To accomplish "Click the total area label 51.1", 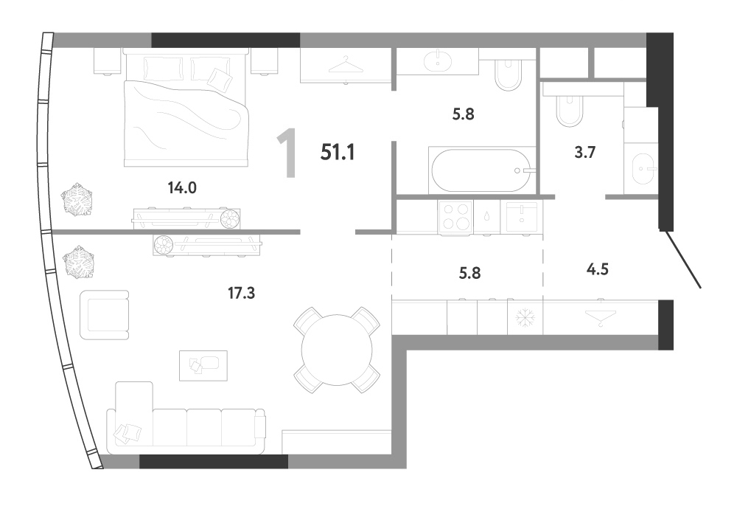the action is (338, 152).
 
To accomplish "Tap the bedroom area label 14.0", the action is (182, 188).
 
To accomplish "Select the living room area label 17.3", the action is (241, 293).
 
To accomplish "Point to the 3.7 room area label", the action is (584, 152).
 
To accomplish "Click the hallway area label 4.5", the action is (598, 269).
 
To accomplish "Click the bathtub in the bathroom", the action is (482, 170).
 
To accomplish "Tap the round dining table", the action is (337, 350).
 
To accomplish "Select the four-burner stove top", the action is (455, 217).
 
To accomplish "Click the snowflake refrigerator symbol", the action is (525, 318).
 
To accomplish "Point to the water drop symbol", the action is (487, 216).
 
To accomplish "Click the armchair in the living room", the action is (105, 315).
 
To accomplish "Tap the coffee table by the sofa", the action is (203, 366).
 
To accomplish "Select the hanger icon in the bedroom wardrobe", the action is (346, 66).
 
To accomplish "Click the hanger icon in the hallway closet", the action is (600, 316).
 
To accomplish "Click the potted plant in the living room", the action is (79, 262).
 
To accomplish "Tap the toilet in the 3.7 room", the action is (569, 110).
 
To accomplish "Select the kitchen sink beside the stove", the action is (522, 217).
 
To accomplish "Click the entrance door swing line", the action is (681, 258).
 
